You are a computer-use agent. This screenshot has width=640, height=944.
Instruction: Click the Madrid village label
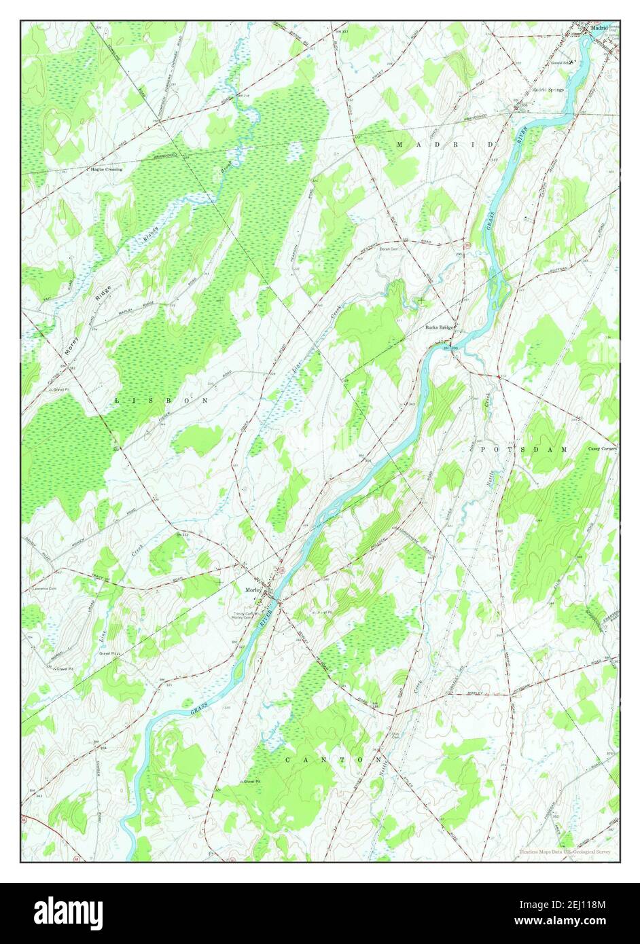coord(599,29)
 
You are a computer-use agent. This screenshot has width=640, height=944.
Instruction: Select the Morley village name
coord(253,589)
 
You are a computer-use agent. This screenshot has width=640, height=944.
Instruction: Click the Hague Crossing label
coord(107,168)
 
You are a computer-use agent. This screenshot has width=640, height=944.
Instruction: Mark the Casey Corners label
coord(603,449)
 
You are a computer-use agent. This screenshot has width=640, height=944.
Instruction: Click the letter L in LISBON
coord(117,401)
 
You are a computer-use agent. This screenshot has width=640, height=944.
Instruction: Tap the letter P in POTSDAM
coord(484,450)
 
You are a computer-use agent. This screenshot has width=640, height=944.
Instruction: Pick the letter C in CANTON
coord(288,759)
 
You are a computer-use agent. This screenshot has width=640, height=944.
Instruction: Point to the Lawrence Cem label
coord(39,588)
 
